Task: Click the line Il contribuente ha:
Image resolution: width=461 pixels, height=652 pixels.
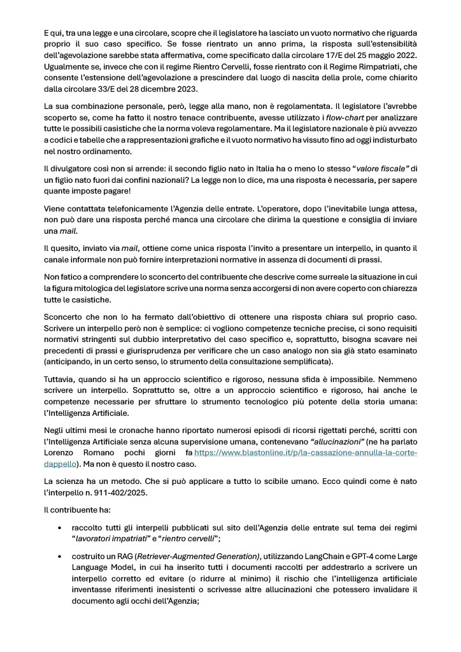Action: [76, 511]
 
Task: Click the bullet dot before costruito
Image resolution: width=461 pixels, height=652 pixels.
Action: [59, 556]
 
